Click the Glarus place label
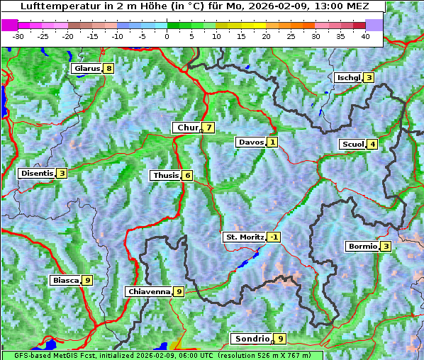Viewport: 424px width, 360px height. click(x=86, y=69)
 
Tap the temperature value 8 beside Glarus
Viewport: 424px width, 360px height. click(x=108, y=69)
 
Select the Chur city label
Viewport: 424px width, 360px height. click(x=188, y=128)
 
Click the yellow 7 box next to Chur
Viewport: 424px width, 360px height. click(x=209, y=128)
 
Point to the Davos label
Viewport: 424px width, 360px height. click(x=251, y=142)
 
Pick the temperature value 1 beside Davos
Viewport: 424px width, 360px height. click(x=272, y=142)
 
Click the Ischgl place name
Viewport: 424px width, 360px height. click(x=349, y=77)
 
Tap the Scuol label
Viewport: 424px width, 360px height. click(x=352, y=145)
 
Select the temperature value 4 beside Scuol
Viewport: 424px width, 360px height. click(x=372, y=145)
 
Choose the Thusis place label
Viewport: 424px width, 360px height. click(x=165, y=176)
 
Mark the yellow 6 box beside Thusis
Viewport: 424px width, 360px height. click(x=187, y=176)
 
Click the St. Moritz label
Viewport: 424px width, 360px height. click(x=244, y=237)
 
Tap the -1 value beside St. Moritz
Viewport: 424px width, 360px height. click(x=274, y=237)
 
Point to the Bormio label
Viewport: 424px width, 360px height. click(x=362, y=247)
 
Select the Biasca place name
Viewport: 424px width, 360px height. click(x=65, y=281)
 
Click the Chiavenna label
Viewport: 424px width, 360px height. click(x=148, y=291)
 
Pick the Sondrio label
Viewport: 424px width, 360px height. click(x=252, y=339)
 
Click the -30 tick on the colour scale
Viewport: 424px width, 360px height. click(x=18, y=35)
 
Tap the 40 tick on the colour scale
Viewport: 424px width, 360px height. click(x=366, y=35)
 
